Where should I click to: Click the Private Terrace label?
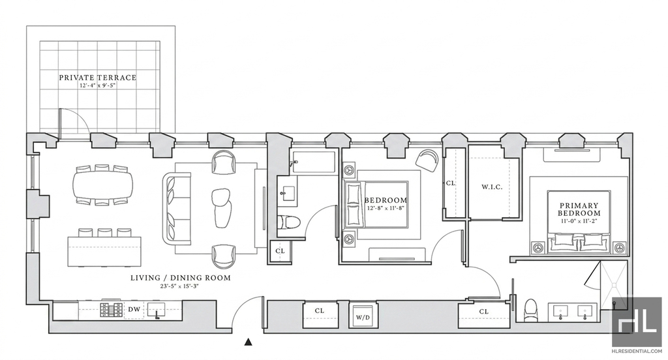coord(98,78)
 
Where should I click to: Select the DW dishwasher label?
coord(134,309)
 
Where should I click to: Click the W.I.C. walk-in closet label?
coord(492,187)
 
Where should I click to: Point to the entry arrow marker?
coord(249,341)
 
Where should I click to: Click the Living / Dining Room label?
coord(180,278)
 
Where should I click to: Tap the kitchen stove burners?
coord(111,310)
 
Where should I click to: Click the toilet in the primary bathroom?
coord(530,310)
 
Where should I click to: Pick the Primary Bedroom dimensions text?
coord(579,222)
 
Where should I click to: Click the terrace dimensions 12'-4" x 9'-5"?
coord(98,85)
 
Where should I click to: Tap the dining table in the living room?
coord(102,185)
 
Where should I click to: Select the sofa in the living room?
coord(176,208)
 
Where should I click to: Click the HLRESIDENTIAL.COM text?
coord(637,352)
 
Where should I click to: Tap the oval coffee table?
coord(222,208)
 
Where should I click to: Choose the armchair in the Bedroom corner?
coord(427,160)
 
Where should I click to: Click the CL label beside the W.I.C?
coord(450,183)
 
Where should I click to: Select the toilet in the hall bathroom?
coord(290,222)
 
